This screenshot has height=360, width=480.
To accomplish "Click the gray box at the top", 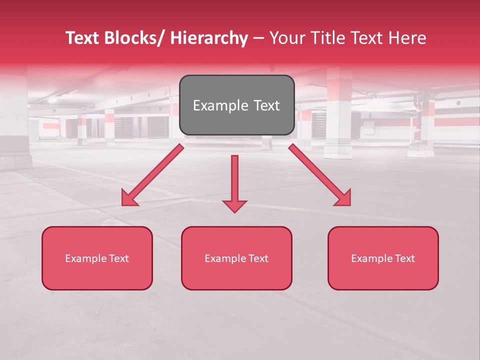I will (x=236, y=105).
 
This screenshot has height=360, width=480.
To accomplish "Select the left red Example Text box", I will (x=97, y=258).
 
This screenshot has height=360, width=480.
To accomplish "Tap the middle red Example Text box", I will (x=236, y=258).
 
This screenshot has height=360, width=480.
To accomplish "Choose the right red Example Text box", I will (x=383, y=258).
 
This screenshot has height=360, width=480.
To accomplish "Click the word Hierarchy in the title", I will (x=209, y=38).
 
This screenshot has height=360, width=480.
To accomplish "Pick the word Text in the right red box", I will (x=404, y=258).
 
